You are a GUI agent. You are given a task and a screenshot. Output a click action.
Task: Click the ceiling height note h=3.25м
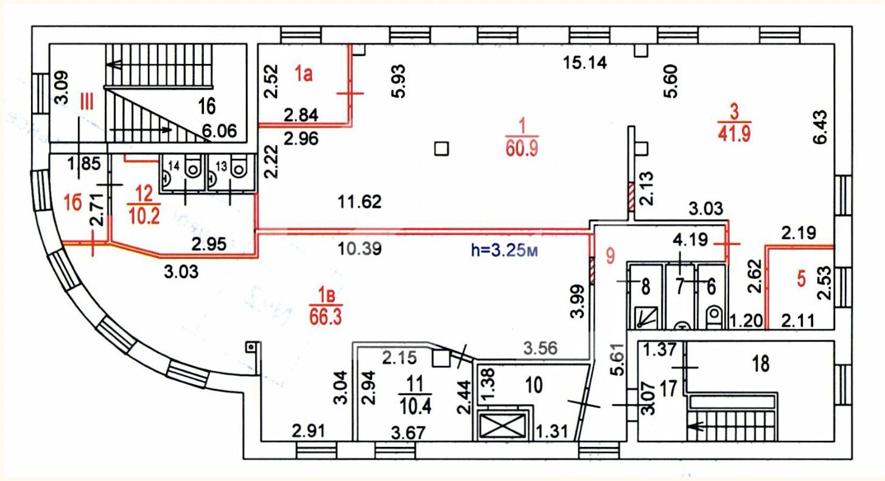point(504,251)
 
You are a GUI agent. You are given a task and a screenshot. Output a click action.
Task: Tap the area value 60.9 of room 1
point(522,149)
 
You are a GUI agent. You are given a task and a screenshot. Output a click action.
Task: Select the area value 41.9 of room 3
point(734,133)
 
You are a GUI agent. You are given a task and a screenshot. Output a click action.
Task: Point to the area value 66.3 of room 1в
point(326,317)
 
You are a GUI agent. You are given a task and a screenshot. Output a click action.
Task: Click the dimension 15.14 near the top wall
point(585,63)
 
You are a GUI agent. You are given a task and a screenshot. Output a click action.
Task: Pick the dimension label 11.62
point(360,202)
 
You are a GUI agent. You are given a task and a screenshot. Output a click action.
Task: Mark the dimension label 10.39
point(360,249)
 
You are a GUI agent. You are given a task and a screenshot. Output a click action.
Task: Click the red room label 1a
point(304,74)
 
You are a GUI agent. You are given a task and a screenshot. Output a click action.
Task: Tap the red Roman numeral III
point(86,101)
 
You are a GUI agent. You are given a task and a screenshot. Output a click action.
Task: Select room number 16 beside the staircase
point(206,107)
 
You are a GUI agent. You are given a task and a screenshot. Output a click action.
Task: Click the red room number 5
point(801,279)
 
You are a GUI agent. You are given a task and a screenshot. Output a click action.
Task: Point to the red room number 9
point(610,256)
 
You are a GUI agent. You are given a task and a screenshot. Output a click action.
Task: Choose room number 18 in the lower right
point(761,364)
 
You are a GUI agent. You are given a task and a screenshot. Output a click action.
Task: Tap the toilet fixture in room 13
point(239,168)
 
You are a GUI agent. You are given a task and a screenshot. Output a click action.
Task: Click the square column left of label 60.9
point(441,149)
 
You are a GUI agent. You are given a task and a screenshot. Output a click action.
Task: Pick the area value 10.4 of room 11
point(415,406)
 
